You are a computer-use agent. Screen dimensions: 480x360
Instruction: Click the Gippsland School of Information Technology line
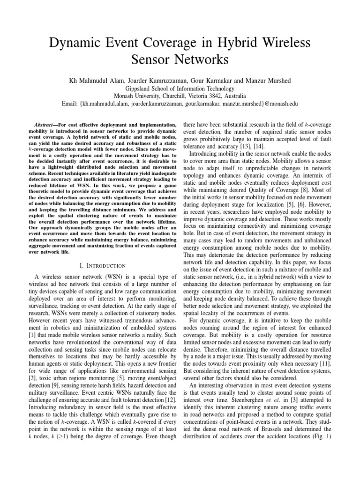click(180, 89)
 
